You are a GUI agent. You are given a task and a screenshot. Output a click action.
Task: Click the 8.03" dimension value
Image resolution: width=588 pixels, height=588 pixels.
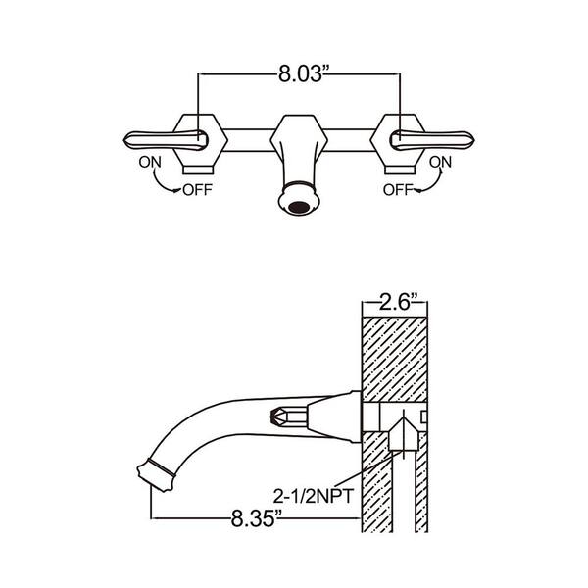(301, 73)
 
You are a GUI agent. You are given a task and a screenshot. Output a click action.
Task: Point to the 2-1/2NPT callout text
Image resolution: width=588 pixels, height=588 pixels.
(314, 497)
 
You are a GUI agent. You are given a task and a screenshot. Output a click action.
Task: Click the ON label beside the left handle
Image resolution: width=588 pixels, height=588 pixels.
(150, 162)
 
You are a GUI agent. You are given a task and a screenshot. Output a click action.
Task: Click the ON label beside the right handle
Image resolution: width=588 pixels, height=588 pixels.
(440, 162)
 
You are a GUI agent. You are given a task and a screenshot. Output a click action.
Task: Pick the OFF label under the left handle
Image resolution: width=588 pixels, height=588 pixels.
(197, 190)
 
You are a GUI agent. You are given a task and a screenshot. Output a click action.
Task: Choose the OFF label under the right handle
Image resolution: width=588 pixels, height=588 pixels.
(398, 190)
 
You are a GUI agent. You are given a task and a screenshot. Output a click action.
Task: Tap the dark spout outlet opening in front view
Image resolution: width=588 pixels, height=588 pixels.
(299, 207)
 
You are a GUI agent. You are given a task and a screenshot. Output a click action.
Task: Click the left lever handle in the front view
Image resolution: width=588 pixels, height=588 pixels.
(166, 140)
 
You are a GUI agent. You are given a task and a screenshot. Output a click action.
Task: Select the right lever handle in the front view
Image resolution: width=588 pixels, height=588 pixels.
(432, 140)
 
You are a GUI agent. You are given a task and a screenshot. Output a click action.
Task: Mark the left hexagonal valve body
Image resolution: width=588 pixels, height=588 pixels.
(200, 139)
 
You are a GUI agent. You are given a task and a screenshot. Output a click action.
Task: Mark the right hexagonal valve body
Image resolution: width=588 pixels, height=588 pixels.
(398, 139)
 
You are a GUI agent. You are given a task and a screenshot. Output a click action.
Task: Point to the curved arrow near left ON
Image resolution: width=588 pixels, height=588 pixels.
(162, 183)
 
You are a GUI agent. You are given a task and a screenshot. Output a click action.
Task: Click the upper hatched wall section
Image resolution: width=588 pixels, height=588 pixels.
(395, 360)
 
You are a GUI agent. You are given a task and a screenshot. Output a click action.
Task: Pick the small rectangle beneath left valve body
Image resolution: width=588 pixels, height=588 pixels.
(198, 171)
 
